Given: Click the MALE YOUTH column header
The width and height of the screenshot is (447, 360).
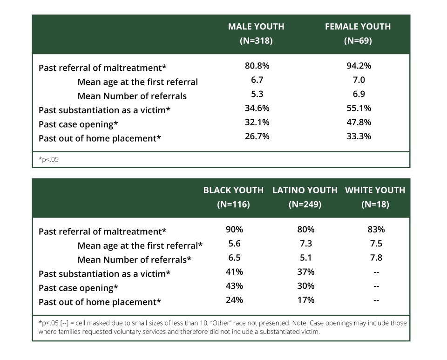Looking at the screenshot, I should (256, 27).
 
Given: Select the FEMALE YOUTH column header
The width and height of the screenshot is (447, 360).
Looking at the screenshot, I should (358, 27).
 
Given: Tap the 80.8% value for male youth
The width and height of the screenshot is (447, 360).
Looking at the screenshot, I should (257, 66).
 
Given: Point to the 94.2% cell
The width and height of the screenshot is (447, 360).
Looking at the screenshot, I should (359, 66).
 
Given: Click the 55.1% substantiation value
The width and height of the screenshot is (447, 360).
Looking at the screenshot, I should (359, 108).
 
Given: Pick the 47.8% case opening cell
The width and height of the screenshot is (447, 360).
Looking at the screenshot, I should (359, 122).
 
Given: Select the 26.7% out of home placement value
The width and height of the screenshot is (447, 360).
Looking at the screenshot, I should (257, 136).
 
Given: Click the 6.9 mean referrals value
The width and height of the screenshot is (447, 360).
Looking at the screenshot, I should (359, 94).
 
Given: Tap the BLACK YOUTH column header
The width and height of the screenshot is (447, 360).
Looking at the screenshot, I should (233, 190).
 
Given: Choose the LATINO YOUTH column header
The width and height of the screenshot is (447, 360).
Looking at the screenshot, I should (305, 190).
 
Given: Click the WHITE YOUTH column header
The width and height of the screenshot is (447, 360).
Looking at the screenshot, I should (375, 190).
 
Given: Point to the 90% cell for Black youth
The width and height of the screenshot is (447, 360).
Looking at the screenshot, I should (234, 230).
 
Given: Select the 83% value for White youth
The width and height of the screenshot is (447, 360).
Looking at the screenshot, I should (376, 230).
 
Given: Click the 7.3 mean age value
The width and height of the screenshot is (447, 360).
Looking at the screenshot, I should (305, 244).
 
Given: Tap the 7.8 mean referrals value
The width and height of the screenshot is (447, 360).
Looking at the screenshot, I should (376, 258).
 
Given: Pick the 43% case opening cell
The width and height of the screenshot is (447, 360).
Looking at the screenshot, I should (234, 286).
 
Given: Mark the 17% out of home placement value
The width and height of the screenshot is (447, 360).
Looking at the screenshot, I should (305, 300).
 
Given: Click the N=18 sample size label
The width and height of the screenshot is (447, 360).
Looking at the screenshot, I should (375, 204).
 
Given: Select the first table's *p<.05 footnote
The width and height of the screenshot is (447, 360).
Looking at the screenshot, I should (48, 160).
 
